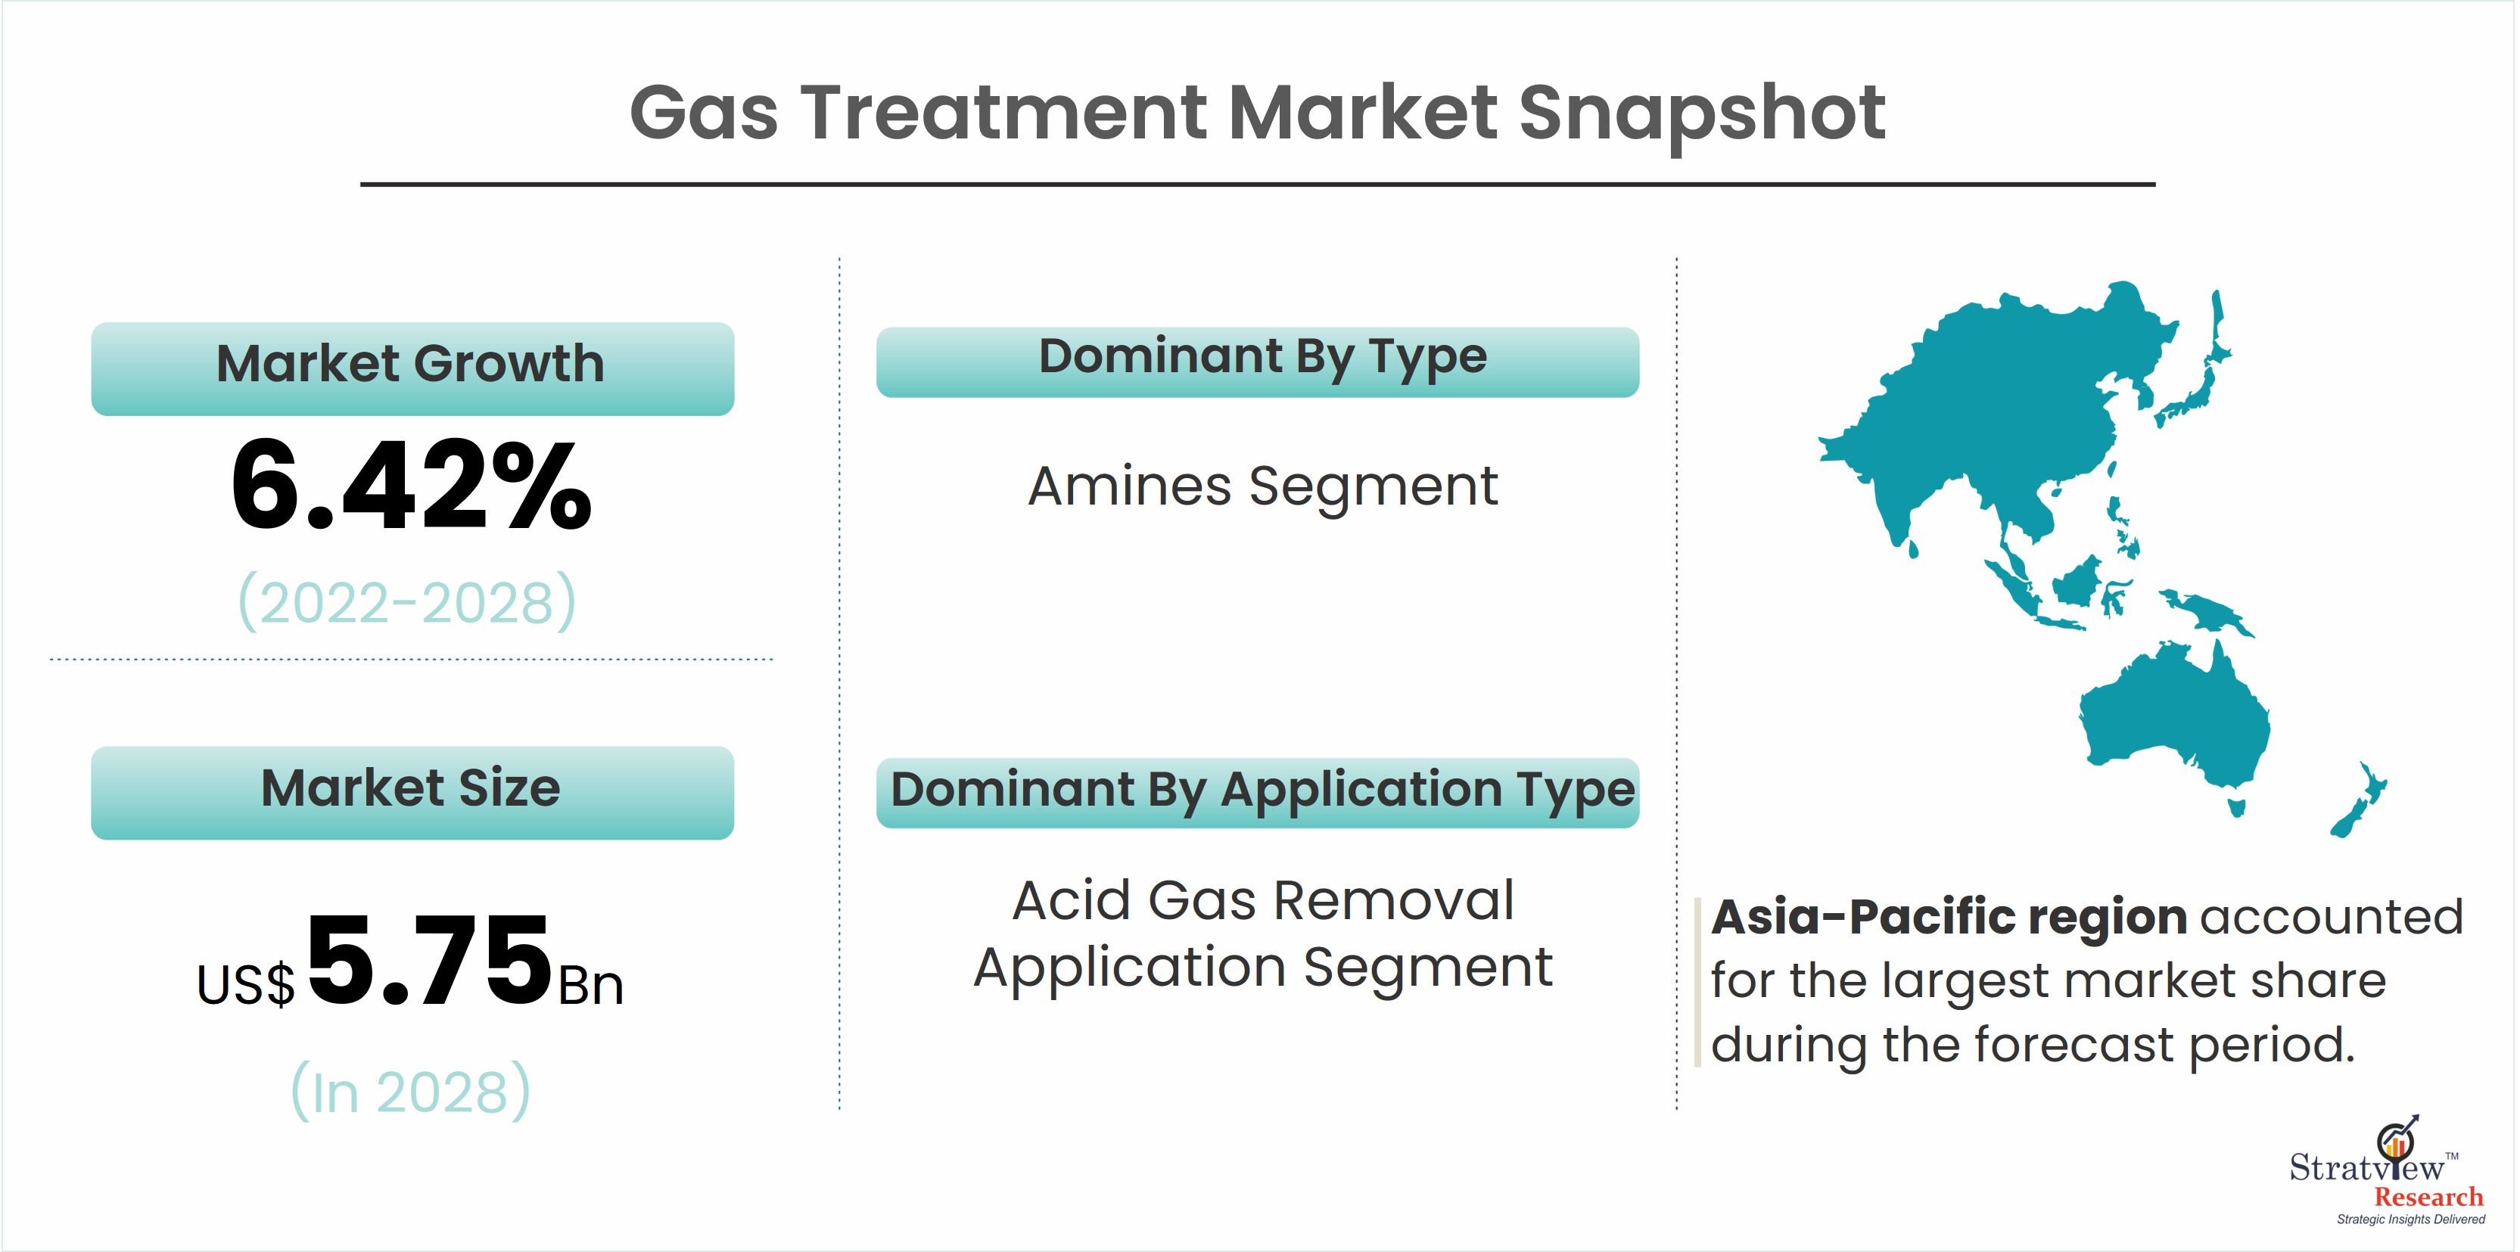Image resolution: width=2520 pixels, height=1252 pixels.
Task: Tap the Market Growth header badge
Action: pos(412,368)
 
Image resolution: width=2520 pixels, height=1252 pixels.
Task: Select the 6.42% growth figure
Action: pos(411,484)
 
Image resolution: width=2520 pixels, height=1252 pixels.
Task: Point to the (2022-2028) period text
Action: pos(408,601)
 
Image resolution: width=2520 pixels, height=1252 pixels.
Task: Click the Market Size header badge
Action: pos(412,792)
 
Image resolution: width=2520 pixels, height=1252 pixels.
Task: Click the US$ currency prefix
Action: pos(245,984)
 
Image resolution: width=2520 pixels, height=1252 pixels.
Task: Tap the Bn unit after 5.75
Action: pos(591,985)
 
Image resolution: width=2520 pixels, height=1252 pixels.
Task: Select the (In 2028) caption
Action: pos(411,1091)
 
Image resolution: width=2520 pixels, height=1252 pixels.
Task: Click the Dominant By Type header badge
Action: pos(1258,362)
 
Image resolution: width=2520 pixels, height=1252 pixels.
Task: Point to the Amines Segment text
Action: pos(1263,486)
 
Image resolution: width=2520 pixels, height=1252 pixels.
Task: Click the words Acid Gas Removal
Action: pos(1263,900)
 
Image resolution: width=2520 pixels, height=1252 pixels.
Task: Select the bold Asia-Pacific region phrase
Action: pos(1949,918)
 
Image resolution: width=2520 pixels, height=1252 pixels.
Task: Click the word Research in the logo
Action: pos(2429,1198)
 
